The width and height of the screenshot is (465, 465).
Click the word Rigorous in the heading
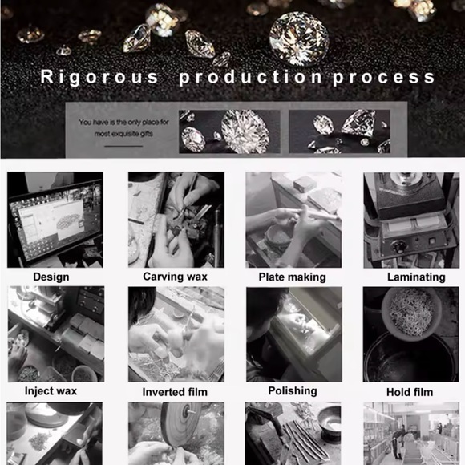[x=99, y=77]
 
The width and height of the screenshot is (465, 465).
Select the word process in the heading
[x=383, y=78]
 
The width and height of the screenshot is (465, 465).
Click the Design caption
[x=51, y=277]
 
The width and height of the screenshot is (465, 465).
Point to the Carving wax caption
[x=176, y=277]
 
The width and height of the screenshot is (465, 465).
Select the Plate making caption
[x=293, y=277]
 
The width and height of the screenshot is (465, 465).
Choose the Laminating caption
[x=416, y=277]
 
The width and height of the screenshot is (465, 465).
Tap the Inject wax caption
[x=51, y=391]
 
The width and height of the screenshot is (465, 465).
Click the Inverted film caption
[x=175, y=392]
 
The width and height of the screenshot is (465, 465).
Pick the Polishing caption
[x=293, y=391]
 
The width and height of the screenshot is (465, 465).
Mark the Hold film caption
[x=410, y=392]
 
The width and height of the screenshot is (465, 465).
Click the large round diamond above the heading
[x=300, y=38]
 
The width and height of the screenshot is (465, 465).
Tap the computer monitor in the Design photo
[x=55, y=222]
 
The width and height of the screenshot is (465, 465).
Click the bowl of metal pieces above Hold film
[x=411, y=313]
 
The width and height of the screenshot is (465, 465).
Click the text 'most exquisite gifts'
[x=123, y=134]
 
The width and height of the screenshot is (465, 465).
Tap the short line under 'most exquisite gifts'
[x=123, y=146]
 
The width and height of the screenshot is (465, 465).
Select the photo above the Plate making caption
[x=293, y=220]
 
